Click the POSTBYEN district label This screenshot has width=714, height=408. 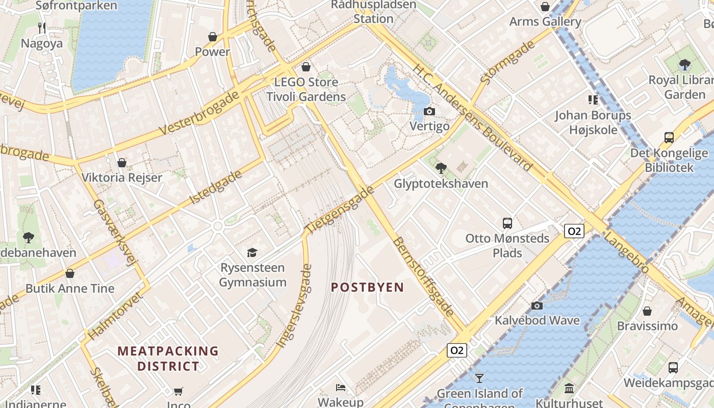tap(367, 287)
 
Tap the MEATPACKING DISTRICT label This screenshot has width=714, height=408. tap(168, 359)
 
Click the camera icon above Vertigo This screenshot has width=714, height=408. tap(429, 111)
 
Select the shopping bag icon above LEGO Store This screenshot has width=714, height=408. tap(306, 67)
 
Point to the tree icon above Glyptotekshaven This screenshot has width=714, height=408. tap(441, 168)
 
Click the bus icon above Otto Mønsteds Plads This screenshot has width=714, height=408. tap(507, 223)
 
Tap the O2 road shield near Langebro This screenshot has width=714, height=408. tap(574, 231)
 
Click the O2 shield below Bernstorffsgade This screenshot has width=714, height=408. tap(456, 350)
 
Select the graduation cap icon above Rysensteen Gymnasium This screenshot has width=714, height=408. tap(252, 252)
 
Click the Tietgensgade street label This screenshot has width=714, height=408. tap(340, 210)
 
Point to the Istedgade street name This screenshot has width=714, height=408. tap(216, 187)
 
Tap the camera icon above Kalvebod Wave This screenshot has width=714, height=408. tap(537, 305)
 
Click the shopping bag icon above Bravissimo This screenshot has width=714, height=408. tap(647, 311)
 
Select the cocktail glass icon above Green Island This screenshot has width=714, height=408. tap(479, 378)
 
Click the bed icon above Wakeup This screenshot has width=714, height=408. tap(341, 388)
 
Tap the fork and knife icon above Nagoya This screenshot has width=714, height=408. tap(42, 28)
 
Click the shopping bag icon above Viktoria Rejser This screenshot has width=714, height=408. tap(121, 163)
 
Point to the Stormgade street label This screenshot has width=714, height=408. tap(507, 62)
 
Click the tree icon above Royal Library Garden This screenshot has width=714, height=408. tap(684, 65)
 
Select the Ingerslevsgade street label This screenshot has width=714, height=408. tap(294, 306)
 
